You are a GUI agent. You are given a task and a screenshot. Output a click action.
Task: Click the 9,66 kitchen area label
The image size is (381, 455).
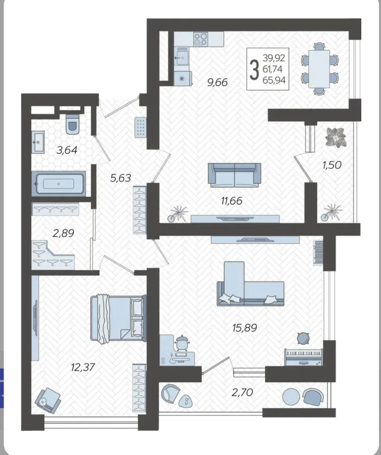(218, 83)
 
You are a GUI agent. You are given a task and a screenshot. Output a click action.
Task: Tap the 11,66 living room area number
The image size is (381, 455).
(232, 201)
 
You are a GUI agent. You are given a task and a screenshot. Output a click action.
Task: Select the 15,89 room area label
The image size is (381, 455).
(245, 328)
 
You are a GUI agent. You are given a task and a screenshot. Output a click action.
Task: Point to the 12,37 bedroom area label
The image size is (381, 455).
(83, 367)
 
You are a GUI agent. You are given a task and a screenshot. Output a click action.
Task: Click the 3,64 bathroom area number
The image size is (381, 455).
(67, 150)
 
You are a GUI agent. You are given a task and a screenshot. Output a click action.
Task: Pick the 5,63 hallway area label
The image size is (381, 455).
(121, 178)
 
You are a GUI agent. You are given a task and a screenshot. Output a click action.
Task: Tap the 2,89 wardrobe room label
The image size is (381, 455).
(63, 233)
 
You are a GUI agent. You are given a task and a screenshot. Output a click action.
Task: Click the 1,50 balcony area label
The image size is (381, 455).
(332, 165)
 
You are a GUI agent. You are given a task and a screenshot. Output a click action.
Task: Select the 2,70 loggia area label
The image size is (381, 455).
(242, 392)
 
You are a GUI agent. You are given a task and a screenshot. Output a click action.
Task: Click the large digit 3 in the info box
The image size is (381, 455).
(254, 70)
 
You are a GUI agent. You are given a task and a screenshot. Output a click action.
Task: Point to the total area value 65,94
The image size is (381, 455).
(274, 80)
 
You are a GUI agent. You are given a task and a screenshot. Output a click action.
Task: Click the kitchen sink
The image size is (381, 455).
(181, 58)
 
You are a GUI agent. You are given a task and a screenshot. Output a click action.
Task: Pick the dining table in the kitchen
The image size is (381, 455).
(319, 69)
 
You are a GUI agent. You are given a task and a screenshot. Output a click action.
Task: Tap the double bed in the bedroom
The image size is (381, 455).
(118, 318)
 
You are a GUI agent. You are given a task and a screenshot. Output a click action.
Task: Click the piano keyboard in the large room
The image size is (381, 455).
(303, 357)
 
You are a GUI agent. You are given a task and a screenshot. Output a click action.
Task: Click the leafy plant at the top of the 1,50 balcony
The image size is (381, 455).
(336, 137)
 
